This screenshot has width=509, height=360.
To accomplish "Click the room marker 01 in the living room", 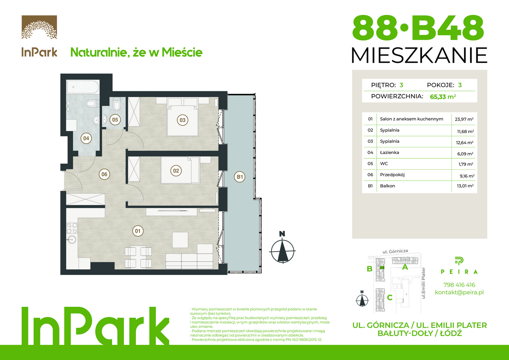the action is pyautogui.click(x=138, y=231).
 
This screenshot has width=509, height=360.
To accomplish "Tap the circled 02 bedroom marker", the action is pyautogui.click(x=176, y=171).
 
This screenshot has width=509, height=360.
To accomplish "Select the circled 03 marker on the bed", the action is pyautogui.click(x=183, y=120).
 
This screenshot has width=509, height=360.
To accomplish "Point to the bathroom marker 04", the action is pyautogui.click(x=86, y=138).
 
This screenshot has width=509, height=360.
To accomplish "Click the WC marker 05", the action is pyautogui.click(x=115, y=120).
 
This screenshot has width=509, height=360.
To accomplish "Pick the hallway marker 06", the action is pyautogui.click(x=104, y=174).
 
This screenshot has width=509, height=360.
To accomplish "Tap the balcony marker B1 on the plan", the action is pyautogui.click(x=240, y=177).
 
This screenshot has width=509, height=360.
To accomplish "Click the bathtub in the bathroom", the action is pyautogui.click(x=83, y=87).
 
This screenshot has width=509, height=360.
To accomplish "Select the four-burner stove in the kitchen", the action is pyautogui.click(x=72, y=228).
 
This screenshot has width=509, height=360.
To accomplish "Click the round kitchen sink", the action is pyautogui.click(x=72, y=239).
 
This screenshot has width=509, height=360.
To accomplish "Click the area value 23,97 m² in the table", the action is pyautogui.click(x=464, y=119).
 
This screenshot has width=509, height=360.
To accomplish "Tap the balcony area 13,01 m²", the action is pyautogui.click(x=465, y=186).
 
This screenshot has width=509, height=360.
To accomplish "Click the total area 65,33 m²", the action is pyautogui.click(x=443, y=97).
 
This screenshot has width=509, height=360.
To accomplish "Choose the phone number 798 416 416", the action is pyautogui.click(x=459, y=285).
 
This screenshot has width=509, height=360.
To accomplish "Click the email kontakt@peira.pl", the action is pyautogui.click(x=459, y=292).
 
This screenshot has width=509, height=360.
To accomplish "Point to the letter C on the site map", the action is pyautogui.click(x=390, y=297).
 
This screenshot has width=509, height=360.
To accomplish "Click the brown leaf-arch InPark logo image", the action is pyautogui.click(x=39, y=27).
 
